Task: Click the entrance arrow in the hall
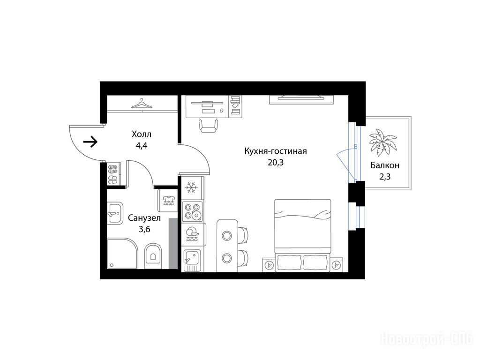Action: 90,142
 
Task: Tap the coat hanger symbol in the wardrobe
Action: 142,104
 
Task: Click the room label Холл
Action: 142,134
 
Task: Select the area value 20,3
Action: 276,163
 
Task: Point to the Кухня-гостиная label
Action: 276,151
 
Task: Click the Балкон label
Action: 385,165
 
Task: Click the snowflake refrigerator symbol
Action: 192,187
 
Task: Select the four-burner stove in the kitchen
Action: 192,211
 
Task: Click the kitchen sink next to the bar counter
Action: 192,260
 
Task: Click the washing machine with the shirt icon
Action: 168,200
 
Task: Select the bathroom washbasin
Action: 115,213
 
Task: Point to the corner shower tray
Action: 122,254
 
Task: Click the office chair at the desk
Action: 209,125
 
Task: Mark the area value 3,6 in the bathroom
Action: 144,229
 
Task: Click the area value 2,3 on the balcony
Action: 385,177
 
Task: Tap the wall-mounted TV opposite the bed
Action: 301,100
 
